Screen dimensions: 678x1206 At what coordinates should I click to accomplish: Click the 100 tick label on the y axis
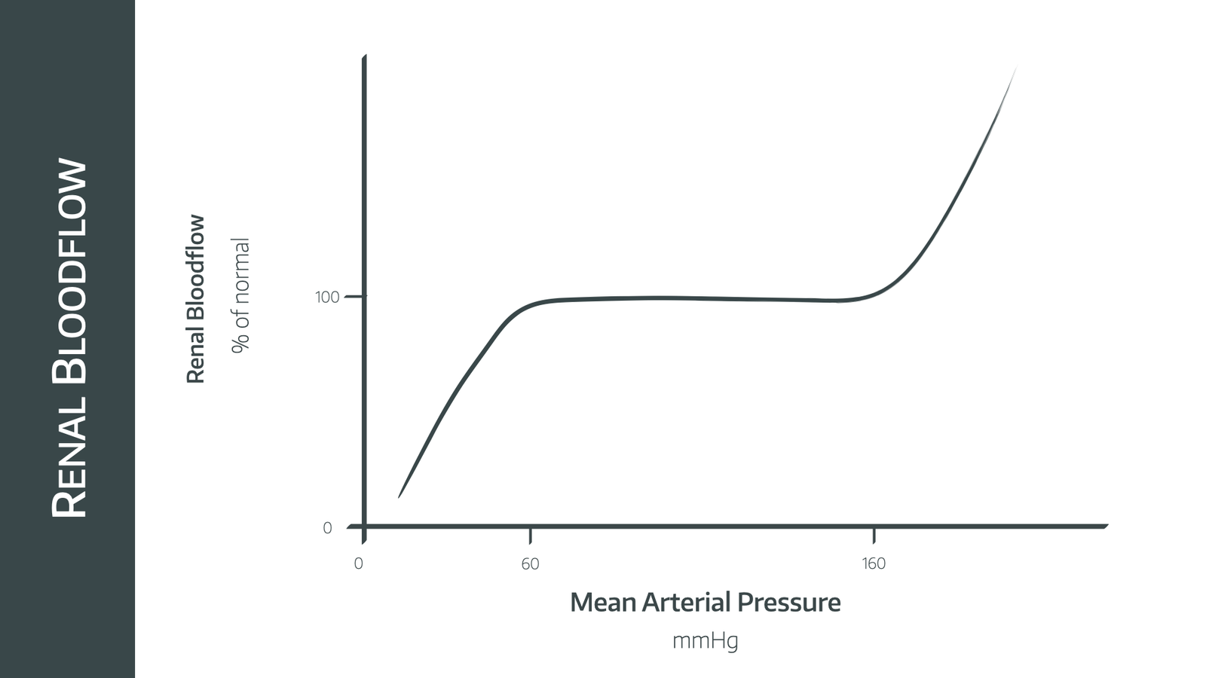327,297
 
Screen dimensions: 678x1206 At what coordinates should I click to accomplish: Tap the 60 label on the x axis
530,564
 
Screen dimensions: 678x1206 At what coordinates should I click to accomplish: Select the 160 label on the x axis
874,564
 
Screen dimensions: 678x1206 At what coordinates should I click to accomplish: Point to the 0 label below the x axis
358,564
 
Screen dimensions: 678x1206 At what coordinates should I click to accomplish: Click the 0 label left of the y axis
327,528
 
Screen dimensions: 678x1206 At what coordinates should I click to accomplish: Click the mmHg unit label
705,641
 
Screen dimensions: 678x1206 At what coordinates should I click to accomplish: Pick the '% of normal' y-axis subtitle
240,295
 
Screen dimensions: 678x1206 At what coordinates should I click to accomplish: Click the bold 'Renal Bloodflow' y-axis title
195,299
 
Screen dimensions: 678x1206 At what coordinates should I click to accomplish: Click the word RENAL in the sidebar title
69,465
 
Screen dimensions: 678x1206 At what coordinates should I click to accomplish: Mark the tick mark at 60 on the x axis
530,535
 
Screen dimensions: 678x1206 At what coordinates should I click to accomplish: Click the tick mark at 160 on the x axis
874,535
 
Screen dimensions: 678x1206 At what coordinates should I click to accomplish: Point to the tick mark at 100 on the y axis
354,297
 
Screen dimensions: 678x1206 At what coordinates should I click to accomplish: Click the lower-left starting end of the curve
399,497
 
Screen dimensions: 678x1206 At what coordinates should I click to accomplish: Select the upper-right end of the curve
1016,68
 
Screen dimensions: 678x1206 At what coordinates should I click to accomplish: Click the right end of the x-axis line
1106,526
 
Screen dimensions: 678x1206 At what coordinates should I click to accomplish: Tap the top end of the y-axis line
364,57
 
